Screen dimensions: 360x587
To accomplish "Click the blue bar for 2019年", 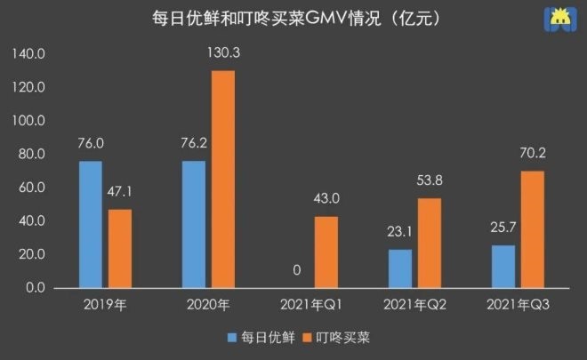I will click(90, 224).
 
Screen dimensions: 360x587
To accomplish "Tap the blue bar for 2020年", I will click(193, 224).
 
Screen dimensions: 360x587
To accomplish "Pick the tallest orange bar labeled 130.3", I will click(222, 179).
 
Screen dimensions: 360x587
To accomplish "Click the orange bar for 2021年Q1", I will click(326, 252).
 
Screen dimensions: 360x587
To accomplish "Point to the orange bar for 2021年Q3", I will click(532, 228).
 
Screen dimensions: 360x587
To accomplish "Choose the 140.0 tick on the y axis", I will click(29, 54).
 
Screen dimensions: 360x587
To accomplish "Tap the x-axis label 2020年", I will click(208, 305).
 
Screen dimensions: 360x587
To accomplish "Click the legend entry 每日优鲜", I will click(257, 338).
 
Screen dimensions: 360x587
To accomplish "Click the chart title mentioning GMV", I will click(294, 18).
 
